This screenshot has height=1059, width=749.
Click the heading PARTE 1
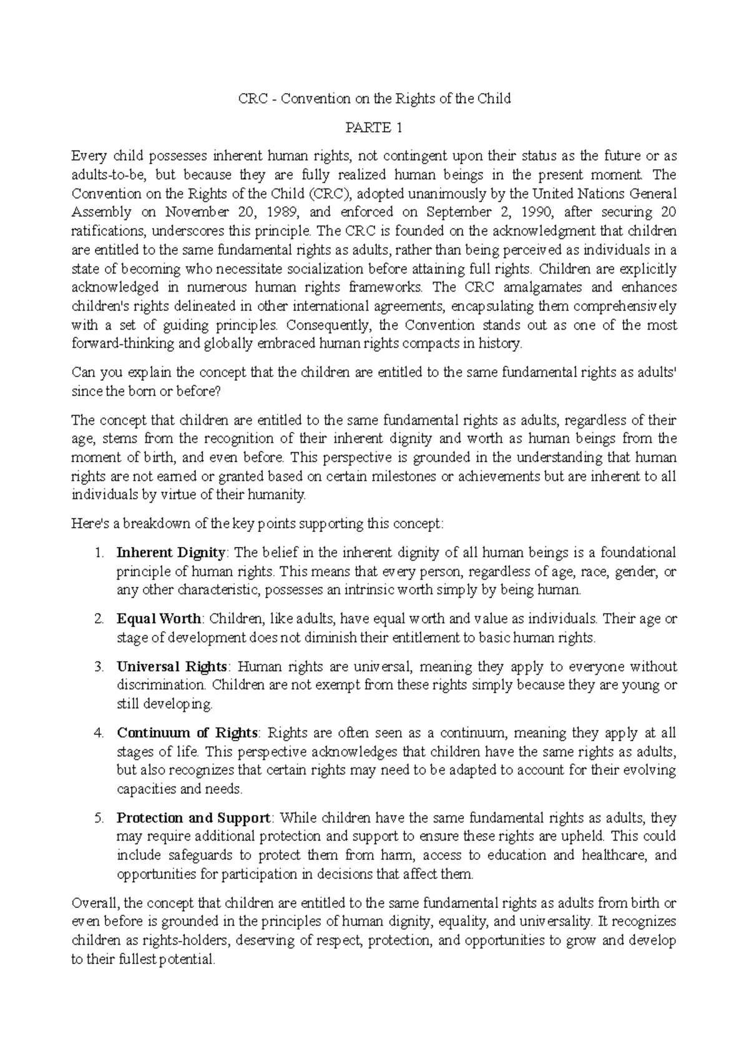pos(374,128)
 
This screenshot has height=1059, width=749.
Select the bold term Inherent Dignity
pos(171,553)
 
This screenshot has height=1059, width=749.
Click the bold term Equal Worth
pos(159,619)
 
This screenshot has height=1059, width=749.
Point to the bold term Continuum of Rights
pos(187,733)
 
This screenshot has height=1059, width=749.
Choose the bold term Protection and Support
pos(193,818)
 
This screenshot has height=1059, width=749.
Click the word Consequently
pos(330,325)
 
